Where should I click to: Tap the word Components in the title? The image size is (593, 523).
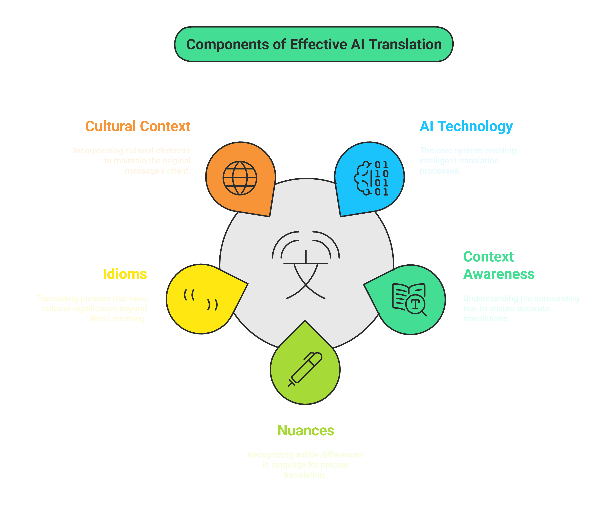[x=227, y=45]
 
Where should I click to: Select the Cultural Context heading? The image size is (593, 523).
[x=138, y=126]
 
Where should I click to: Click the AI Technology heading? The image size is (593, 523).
[x=466, y=126]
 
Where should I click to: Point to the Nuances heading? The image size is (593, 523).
[x=306, y=430]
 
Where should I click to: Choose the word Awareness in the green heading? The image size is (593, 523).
[x=499, y=274]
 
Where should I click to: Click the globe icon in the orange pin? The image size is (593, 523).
[x=240, y=178]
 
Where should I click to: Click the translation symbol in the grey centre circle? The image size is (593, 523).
[x=306, y=265]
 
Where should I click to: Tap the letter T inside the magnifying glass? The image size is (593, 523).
[x=415, y=304]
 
